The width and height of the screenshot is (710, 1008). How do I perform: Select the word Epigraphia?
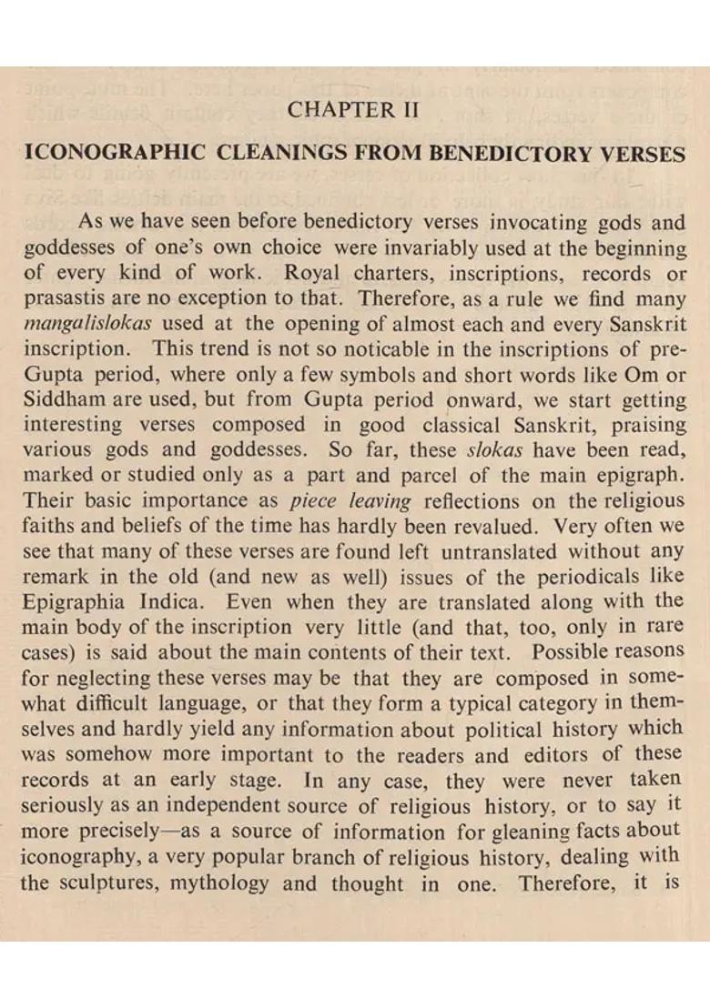[75, 601]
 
